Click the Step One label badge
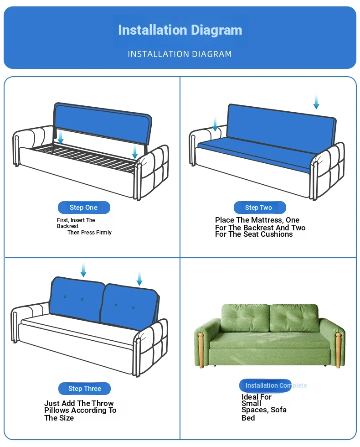coord(84,208)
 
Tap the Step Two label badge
coord(260,208)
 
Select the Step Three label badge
coord(84,389)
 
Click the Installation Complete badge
coord(265,385)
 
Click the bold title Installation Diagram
coord(180,30)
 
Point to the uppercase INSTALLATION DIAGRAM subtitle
coord(180,54)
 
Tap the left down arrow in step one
coord(60,137)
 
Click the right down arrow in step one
coord(135,151)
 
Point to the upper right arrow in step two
coord(316,102)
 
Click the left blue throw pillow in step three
coord(77,299)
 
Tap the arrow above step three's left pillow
coord(83,270)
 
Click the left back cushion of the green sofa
coord(245,317)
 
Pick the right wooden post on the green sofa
coord(338,350)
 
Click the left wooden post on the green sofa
coord(201,350)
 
